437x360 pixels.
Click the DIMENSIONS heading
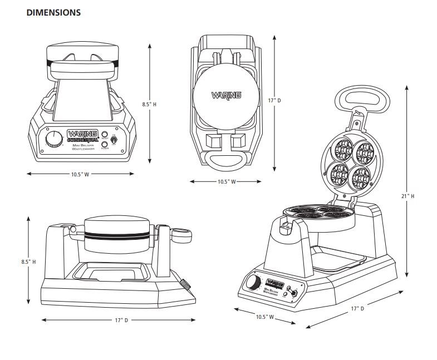click(x=53, y=12)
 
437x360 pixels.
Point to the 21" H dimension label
click(x=408, y=196)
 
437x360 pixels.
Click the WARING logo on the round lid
click(x=226, y=95)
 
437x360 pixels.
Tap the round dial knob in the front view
click(x=54, y=139)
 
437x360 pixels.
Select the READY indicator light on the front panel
click(x=104, y=135)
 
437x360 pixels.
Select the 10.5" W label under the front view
click(x=80, y=174)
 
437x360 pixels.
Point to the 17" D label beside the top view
click(x=274, y=101)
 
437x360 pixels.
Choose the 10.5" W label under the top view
click(x=225, y=182)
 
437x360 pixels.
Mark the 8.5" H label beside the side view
click(x=28, y=261)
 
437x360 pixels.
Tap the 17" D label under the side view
click(x=119, y=320)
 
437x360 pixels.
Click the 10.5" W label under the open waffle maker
click(x=265, y=317)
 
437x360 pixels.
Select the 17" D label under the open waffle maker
click(x=357, y=308)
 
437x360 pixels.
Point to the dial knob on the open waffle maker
click(x=253, y=282)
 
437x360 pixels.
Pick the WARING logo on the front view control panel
click(x=82, y=134)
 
